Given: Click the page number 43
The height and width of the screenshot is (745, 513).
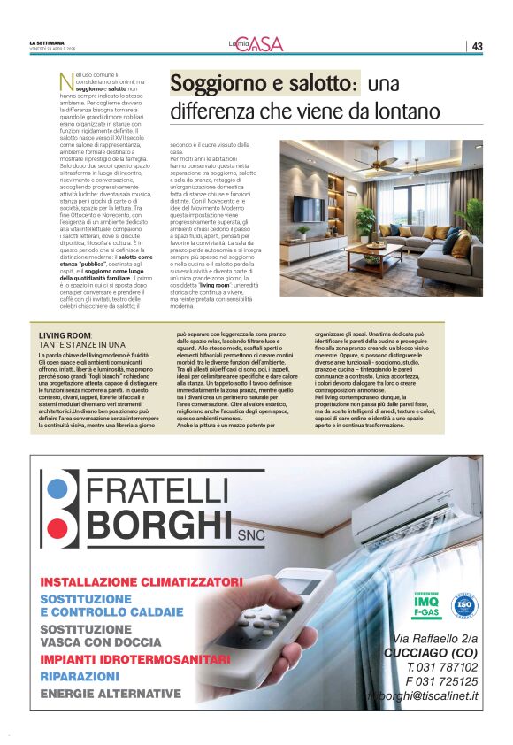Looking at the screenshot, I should [477, 46].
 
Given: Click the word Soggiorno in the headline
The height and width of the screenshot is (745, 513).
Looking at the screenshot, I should [218, 84].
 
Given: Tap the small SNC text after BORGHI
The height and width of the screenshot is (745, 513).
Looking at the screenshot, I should [252, 534].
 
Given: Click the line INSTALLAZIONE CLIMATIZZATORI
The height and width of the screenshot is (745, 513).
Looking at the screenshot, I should [141, 582].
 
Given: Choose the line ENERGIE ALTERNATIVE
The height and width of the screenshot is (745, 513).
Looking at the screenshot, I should [111, 694].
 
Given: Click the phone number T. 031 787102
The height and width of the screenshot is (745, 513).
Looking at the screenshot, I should [442, 667].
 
